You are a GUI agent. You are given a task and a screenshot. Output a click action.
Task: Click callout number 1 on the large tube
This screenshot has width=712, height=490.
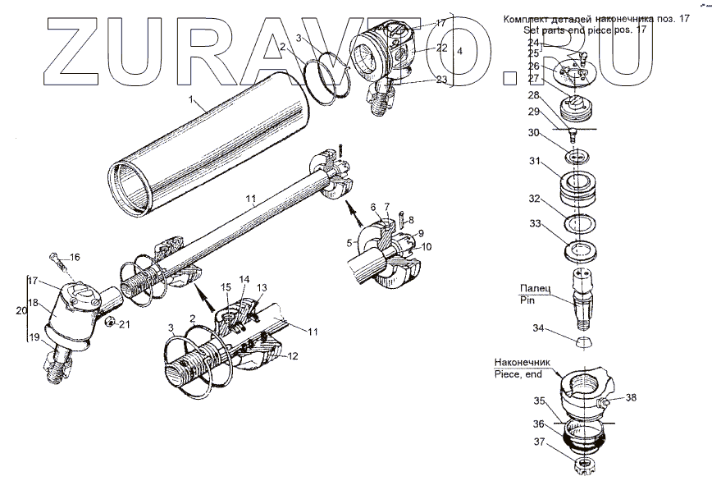pos(190,102)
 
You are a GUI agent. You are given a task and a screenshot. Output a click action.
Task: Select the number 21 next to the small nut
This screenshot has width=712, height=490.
pos(125,325)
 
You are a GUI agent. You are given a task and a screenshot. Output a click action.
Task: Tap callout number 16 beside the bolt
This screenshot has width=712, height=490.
pos(74,258)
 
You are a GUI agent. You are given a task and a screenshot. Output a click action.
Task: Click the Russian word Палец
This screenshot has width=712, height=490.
pos(534,289)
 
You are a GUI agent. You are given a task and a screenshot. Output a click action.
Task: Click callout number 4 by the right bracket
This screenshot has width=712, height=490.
pos(459,51)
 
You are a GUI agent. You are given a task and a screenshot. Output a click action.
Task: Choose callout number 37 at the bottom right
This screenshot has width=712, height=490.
pos(538,441)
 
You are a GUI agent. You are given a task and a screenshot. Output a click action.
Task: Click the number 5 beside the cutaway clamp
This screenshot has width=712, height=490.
pos(350,243)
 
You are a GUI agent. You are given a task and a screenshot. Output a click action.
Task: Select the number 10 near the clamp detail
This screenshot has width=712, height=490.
pos(427,246)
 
